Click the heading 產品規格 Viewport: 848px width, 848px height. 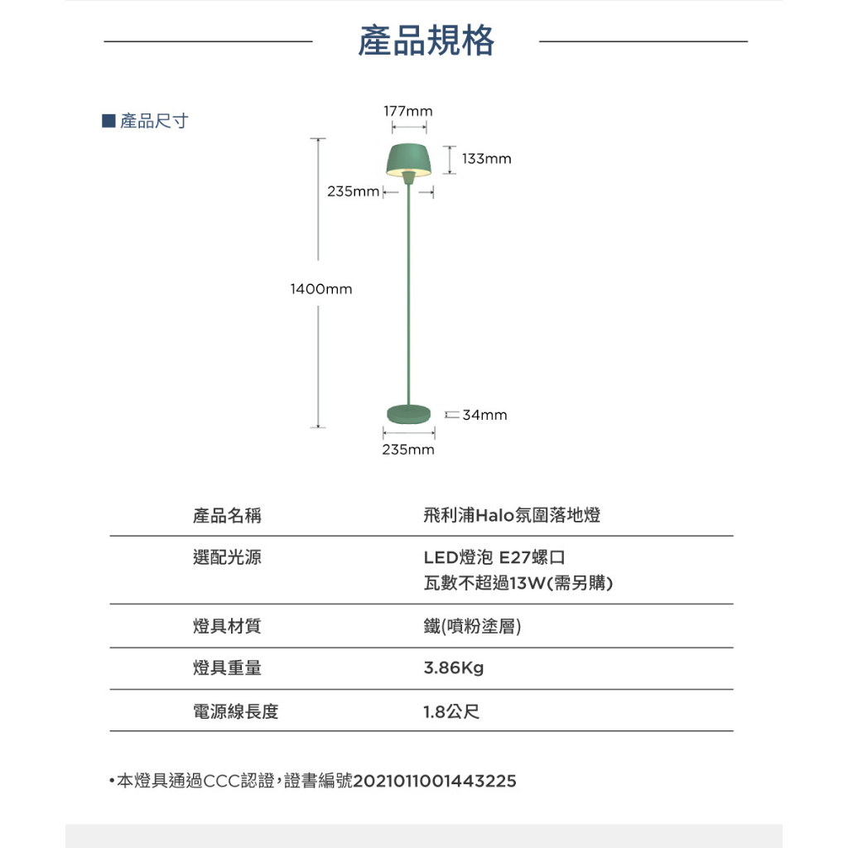coord(426,41)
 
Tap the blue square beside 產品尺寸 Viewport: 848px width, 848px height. coord(108,121)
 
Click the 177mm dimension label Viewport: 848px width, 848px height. coord(408,111)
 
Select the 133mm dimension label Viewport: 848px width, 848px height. coord(486,158)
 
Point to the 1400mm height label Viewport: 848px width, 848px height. coord(321,289)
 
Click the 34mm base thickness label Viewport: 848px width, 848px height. coord(484,415)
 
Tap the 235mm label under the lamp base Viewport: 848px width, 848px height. coord(408,450)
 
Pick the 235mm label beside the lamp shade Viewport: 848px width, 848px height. coord(353,191)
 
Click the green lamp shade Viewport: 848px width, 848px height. coord(409,160)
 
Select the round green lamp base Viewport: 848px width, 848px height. coord(409,414)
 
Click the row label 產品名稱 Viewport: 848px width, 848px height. coord(227,515)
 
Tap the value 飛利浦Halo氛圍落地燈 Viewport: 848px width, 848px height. coord(512,515)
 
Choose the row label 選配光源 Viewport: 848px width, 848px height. coord(227,557)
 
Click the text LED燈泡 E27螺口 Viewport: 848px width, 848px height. coord(494,557)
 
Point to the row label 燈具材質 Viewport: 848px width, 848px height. coord(227,626)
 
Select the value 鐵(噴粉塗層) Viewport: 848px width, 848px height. coord(472,626)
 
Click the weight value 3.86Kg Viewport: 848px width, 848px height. coord(454,668)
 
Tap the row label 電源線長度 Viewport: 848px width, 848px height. coord(236,711)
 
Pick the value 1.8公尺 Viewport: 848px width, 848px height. coord(451,711)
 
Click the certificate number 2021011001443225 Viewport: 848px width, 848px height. coord(435,780)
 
